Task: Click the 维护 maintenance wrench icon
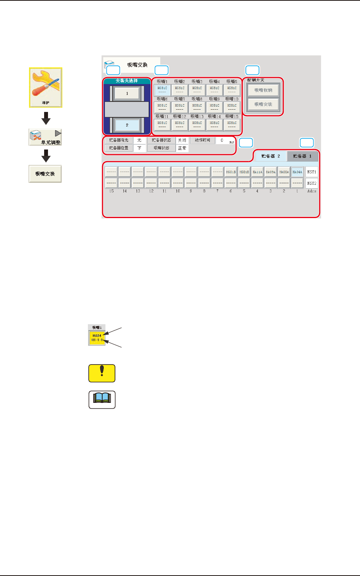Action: click(x=46, y=88)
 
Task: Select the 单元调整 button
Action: click(x=45, y=138)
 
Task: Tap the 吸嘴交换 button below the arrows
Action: click(x=45, y=174)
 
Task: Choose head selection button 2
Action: click(x=127, y=125)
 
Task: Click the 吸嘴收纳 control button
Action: click(x=263, y=90)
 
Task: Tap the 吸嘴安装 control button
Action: click(x=263, y=104)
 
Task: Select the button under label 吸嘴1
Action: click(x=162, y=90)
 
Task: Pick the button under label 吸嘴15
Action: click(x=232, y=125)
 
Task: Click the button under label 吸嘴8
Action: click(x=197, y=107)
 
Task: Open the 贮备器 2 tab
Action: click(x=271, y=156)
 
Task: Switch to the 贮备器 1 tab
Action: click(x=302, y=156)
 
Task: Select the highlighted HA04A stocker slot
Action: click(x=297, y=172)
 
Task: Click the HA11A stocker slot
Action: click(x=257, y=172)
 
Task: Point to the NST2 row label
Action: click(x=312, y=183)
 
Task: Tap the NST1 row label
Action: click(x=312, y=172)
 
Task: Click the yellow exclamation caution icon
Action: click(x=102, y=373)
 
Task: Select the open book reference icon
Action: click(x=102, y=399)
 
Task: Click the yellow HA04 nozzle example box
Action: click(x=97, y=338)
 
